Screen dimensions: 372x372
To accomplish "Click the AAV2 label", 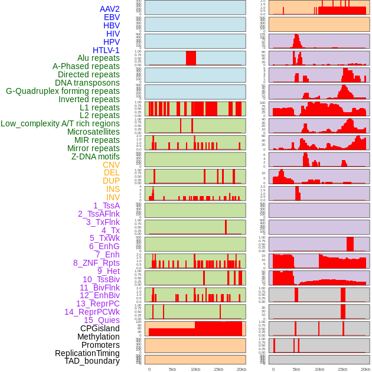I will [x=109, y=9].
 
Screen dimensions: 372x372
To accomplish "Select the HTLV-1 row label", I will [x=106, y=50].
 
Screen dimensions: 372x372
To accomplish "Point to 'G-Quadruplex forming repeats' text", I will [x=63, y=91].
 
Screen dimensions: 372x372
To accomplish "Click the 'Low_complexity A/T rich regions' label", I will [x=60, y=123].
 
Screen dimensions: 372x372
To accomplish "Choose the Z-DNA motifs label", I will [x=95, y=156].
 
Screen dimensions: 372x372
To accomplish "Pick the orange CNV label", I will [x=111, y=165].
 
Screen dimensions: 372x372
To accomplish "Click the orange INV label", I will [x=113, y=197].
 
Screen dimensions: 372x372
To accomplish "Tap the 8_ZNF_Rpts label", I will [x=96, y=263].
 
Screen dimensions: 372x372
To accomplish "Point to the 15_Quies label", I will [x=101, y=320].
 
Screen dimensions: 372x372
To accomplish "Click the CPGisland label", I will [x=100, y=328].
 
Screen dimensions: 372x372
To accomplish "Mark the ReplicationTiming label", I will [x=87, y=353].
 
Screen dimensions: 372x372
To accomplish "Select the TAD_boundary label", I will [x=92, y=361].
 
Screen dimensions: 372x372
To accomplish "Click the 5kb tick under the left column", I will [x=172, y=369].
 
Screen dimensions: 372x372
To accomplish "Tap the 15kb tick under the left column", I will [x=218, y=369].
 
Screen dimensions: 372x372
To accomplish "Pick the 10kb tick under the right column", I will [x=319, y=369].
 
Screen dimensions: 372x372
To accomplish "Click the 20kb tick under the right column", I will [x=366, y=369].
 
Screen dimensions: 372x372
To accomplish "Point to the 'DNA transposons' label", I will [x=87, y=83].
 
